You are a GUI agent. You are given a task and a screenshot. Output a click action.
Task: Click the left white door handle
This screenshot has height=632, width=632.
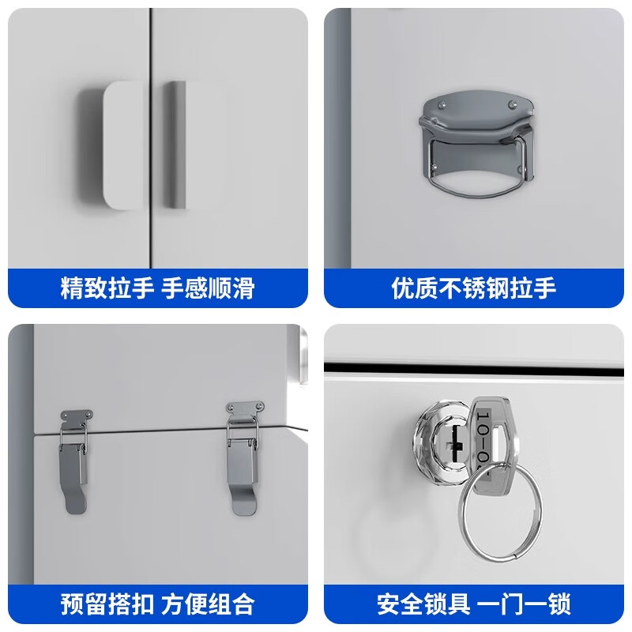118,146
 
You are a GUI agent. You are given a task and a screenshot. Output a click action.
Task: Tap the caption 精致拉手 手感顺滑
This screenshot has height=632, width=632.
157,288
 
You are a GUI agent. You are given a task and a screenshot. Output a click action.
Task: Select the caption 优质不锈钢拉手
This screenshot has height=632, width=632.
474,288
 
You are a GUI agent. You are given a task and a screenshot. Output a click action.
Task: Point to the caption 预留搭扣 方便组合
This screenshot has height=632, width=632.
157,604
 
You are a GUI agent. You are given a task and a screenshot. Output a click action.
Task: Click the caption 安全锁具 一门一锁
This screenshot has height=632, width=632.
474,604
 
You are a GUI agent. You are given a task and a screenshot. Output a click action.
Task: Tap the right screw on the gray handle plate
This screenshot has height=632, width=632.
513,103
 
